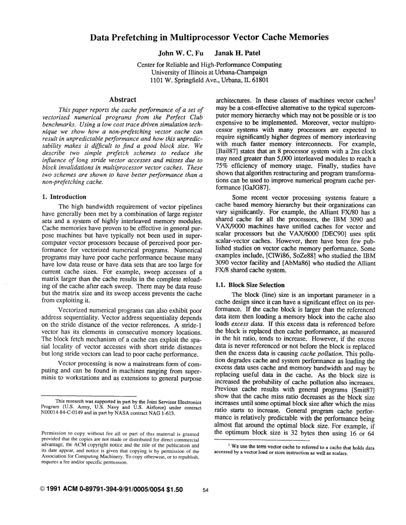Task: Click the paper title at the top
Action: (203, 37)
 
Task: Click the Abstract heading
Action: (123, 99)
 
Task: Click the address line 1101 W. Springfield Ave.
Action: (203, 80)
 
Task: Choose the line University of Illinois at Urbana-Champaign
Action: (203, 72)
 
